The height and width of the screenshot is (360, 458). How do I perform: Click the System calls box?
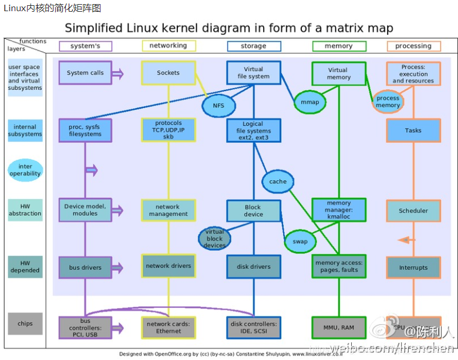coord(85,73)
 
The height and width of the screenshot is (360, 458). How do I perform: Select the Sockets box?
coord(168,73)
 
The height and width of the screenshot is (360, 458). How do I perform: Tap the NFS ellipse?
coord(218,105)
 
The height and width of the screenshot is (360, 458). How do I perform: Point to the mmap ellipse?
coord(309,102)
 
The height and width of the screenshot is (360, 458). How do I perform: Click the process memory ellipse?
coord(388,102)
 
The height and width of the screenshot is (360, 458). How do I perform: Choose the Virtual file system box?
coord(254,73)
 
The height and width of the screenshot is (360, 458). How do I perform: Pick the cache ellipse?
coord(278,181)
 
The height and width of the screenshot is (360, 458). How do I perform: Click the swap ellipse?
coord(300,241)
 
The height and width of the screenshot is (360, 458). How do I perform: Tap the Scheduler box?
coord(413,211)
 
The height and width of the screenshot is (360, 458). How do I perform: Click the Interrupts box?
coord(413,267)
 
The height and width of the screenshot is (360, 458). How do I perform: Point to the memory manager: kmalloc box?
coord(339,210)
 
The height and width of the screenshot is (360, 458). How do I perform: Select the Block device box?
coord(254,211)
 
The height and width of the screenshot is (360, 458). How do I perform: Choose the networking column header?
coord(169,46)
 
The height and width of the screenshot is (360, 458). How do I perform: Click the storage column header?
coord(254,46)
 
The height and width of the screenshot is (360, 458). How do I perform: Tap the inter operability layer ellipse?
coord(25,170)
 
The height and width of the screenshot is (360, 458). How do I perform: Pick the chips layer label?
coord(25,324)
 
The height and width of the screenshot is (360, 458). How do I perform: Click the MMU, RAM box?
coord(339,327)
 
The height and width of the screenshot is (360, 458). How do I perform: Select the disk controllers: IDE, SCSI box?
coord(254,327)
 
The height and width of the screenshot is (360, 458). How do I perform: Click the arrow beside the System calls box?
coord(117,73)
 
